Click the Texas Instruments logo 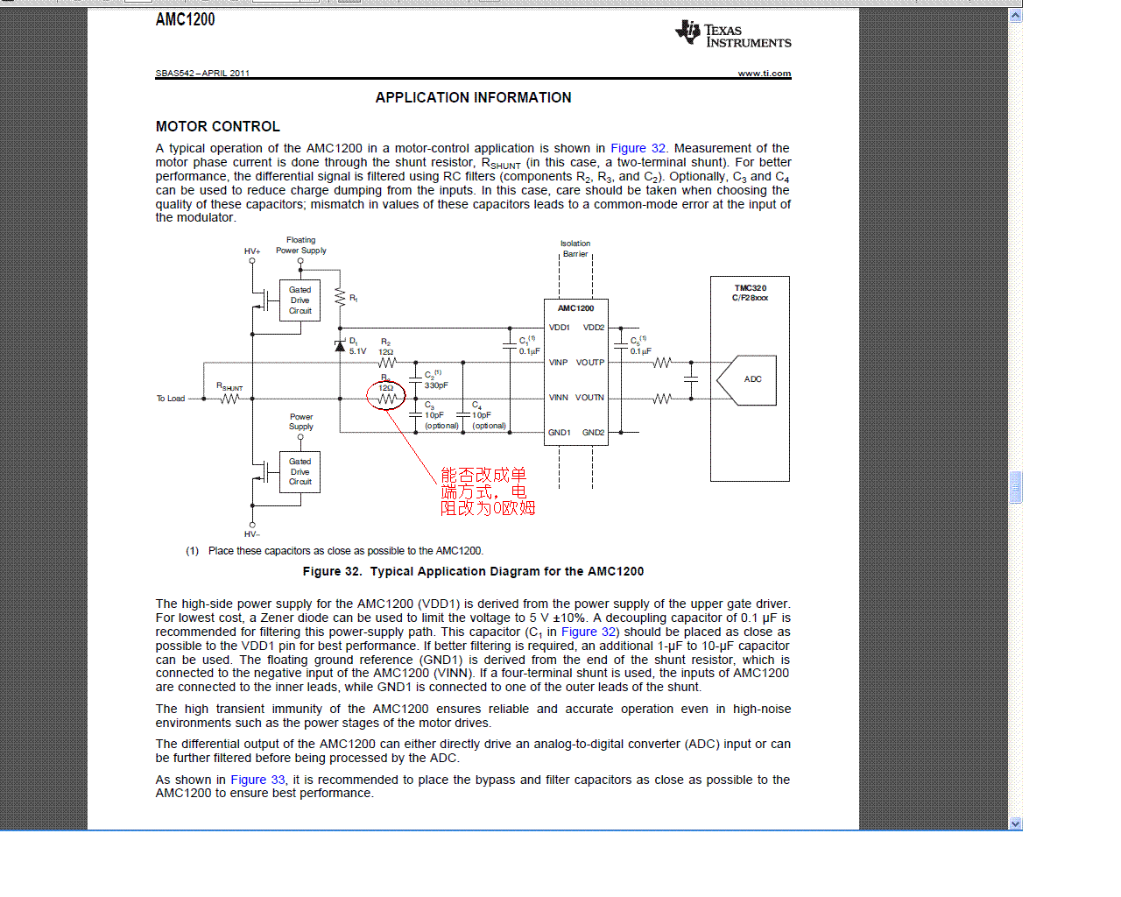click(732, 35)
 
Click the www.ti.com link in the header click(764, 74)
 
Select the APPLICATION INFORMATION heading click(473, 98)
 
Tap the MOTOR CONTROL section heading click(218, 127)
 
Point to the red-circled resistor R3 click(386, 399)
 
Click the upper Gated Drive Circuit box click(300, 300)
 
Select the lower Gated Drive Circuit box click(300, 472)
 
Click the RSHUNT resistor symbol click(229, 399)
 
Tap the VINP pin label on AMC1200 click(558, 363)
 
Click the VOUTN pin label click(589, 398)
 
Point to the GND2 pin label click(593, 433)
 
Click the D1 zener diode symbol click(340, 346)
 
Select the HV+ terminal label click(252, 251)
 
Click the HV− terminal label click(252, 534)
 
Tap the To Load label click(171, 399)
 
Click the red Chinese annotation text click(487, 491)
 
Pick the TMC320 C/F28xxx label click(750, 293)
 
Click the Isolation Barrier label click(575, 249)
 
